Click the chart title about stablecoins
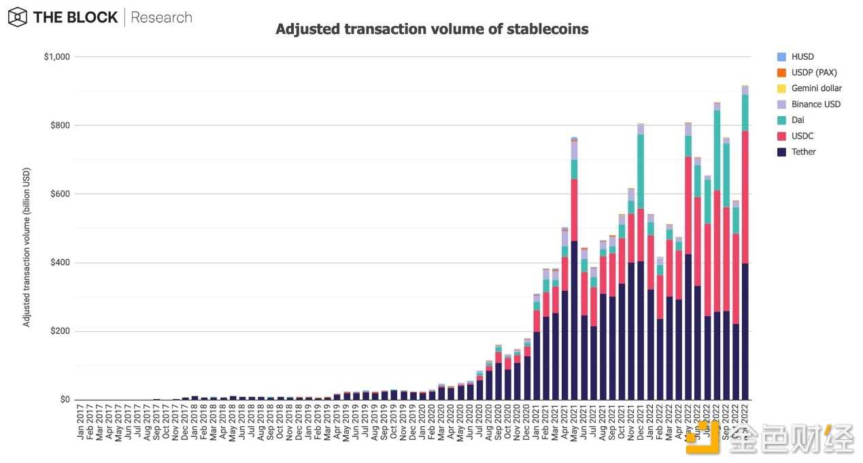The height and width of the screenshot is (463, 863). [x=432, y=29]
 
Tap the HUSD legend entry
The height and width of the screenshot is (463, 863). [x=802, y=57]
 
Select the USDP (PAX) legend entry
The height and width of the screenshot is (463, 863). [x=814, y=73]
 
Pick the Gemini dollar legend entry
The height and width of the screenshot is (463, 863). [x=816, y=88]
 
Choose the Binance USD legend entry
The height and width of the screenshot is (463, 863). [x=815, y=104]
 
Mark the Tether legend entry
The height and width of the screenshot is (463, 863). [x=803, y=152]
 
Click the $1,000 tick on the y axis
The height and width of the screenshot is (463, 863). [x=56, y=56]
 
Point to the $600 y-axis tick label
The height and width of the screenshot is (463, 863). [x=60, y=194]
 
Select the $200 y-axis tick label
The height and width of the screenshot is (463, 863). [x=60, y=331]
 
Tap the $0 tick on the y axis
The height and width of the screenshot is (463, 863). [x=65, y=400]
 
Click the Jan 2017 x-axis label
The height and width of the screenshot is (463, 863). [x=80, y=423]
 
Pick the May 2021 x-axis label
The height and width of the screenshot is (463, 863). [x=575, y=423]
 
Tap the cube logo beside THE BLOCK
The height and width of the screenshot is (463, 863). [x=18, y=17]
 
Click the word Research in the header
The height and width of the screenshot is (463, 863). [x=161, y=18]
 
